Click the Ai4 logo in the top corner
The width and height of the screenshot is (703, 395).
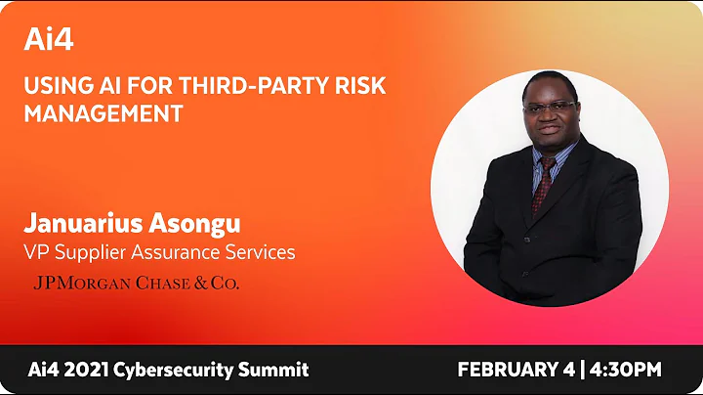[x=49, y=40]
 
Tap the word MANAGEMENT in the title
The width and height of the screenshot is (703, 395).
[x=103, y=113]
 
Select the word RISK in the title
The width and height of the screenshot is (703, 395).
[x=360, y=86]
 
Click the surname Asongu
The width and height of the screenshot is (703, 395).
[x=201, y=223]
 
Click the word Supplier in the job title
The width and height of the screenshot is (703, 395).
[x=90, y=252]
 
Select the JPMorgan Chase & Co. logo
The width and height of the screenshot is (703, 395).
[x=136, y=284]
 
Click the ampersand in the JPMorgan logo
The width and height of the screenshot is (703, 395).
[x=206, y=284]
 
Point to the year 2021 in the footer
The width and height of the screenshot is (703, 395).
[x=86, y=371]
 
